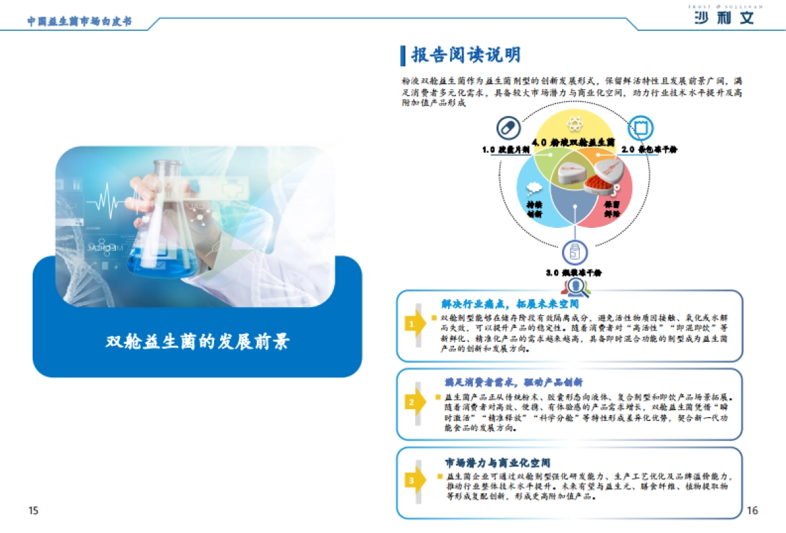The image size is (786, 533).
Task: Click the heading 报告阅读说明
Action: (466, 55)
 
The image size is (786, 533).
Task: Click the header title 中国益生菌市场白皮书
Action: (79, 21)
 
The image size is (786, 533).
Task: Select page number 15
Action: (33, 510)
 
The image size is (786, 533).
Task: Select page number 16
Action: (752, 510)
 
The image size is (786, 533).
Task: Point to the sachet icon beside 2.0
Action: (639, 126)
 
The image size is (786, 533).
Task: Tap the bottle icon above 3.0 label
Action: (574, 251)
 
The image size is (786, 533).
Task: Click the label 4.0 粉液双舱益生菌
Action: (573, 142)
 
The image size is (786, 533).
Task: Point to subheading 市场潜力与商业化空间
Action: (497, 463)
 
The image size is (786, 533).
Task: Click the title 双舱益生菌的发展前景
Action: (197, 342)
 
